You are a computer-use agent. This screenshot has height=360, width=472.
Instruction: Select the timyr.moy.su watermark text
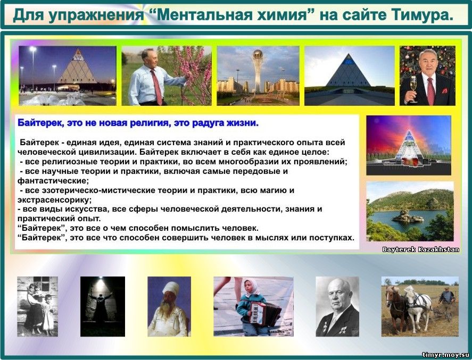pyautogui.click(x=446, y=355)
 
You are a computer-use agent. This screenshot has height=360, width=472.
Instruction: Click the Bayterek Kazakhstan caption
pyautogui.click(x=420, y=249)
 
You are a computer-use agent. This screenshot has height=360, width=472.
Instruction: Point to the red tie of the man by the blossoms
pyautogui.click(x=157, y=87)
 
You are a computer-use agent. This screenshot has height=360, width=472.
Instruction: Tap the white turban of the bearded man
pyautogui.click(x=171, y=288)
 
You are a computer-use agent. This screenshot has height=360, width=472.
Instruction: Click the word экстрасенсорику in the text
pyautogui.click(x=54, y=200)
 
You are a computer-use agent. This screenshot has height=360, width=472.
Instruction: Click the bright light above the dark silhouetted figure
pyautogui.click(x=101, y=282)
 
